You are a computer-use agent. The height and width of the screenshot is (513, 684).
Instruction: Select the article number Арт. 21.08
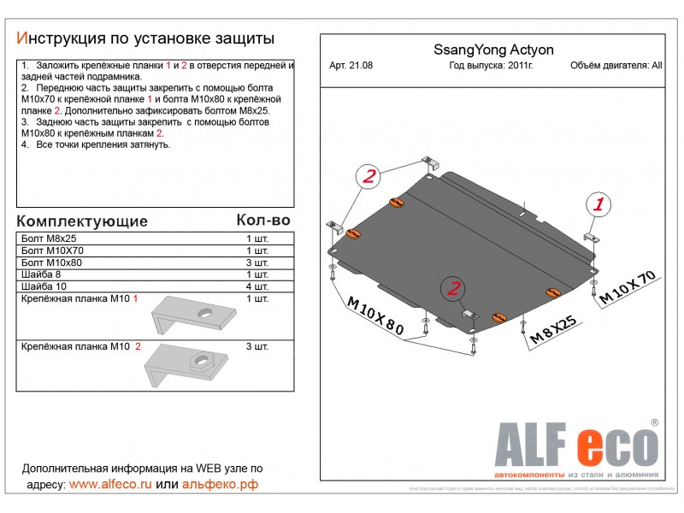[351, 67]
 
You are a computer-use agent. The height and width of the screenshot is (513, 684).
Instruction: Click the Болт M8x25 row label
[47, 238]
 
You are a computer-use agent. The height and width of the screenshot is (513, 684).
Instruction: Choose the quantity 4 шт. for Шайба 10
[256, 287]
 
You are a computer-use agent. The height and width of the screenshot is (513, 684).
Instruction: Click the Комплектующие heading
[82, 221]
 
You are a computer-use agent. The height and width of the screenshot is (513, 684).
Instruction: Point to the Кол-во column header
[262, 220]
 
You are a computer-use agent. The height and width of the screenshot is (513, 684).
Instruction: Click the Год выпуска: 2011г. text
[490, 67]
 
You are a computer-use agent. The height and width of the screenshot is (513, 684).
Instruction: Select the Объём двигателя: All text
[615, 67]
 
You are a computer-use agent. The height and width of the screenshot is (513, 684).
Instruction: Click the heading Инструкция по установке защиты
[146, 38]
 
